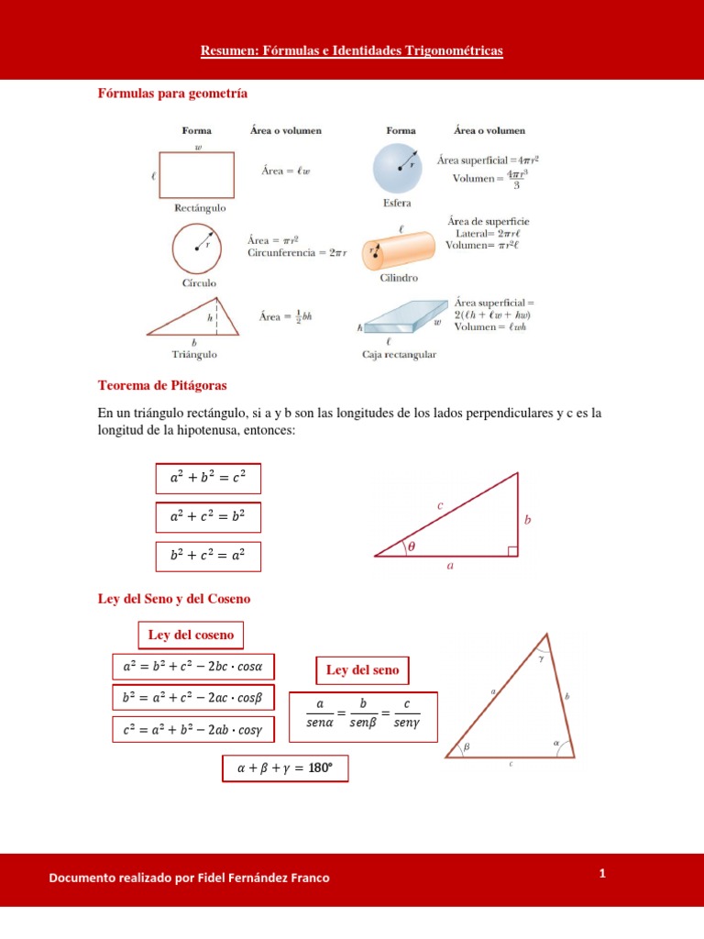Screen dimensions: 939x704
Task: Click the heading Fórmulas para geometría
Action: (172, 94)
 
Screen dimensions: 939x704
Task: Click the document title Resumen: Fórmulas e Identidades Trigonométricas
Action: (352, 52)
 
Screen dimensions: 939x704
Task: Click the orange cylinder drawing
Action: (400, 249)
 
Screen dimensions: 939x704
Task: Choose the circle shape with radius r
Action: (198, 247)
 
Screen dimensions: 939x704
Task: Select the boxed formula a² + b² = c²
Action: (208, 478)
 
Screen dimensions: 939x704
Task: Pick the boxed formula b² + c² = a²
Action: (208, 556)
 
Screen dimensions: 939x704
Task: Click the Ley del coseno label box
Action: (192, 635)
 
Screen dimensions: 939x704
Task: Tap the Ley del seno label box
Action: (362, 670)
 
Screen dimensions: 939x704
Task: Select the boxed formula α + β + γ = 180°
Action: (285, 769)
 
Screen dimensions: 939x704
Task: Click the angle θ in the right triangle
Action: (412, 546)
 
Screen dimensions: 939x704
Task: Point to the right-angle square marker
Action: (512, 550)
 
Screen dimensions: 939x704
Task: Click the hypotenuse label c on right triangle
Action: (440, 505)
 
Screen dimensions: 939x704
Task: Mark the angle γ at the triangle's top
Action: (542, 657)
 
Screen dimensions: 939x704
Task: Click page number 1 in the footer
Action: (602, 873)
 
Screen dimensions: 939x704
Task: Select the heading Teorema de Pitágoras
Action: (161, 385)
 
